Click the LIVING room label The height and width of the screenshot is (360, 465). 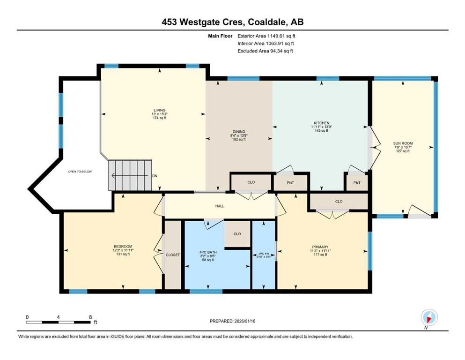pos(160,110)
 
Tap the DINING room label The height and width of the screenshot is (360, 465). pos(239,132)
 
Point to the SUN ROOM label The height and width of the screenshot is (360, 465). pos(403,143)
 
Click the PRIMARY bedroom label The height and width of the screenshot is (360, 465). pos(320,247)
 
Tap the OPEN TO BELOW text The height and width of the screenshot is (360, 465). pos(80,172)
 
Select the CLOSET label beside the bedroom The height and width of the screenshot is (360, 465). pos(173,255)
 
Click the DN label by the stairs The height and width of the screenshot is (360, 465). pos(155,176)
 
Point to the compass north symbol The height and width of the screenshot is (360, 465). pos(428,317)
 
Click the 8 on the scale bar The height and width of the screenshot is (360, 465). pos(90,317)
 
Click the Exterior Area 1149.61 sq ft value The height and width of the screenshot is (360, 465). pos(266,36)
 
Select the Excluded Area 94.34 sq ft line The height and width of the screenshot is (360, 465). pos(266,51)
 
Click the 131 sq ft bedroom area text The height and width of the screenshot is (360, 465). pos(123,255)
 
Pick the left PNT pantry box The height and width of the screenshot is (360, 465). pos(290,183)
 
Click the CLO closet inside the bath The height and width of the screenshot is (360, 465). pos(237,234)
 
